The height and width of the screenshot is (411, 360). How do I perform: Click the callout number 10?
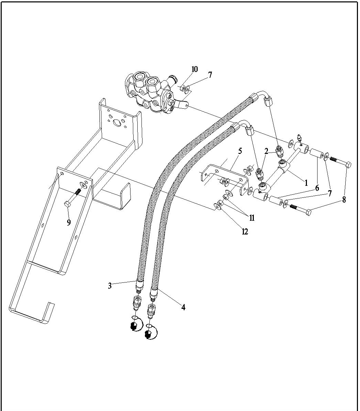[194, 69]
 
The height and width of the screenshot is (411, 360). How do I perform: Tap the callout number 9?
[69, 222]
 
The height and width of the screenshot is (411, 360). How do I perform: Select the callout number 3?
[110, 286]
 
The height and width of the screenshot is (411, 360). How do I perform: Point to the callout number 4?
[183, 307]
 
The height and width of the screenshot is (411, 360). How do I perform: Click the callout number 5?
[240, 151]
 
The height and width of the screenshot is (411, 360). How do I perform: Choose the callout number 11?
[252, 217]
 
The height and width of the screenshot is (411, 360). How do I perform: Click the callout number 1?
[307, 183]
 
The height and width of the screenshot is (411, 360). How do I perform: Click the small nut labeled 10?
[183, 88]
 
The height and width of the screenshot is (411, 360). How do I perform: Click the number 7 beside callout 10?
[210, 75]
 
